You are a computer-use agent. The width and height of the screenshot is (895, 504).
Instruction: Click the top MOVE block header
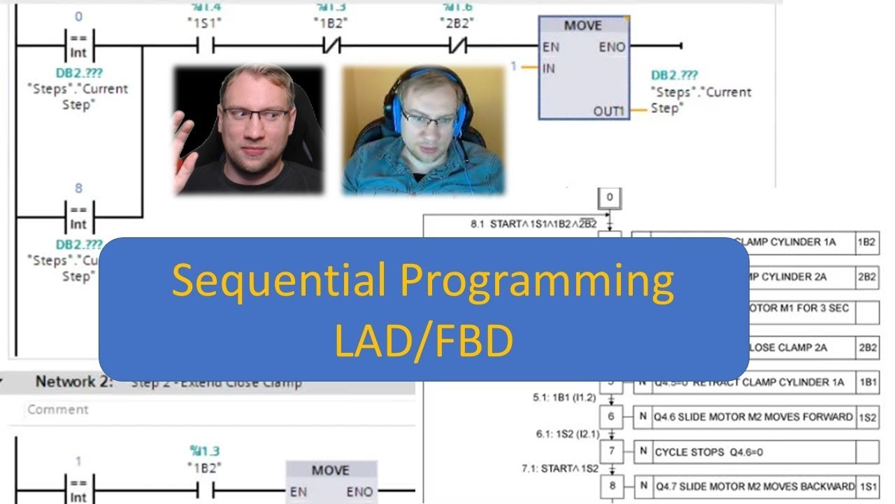[x=582, y=25]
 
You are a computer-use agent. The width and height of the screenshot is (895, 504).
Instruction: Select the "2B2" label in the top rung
[x=457, y=21]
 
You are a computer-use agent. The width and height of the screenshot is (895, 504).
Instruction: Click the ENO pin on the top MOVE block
[x=612, y=47]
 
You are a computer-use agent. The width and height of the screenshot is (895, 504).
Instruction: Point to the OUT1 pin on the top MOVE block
[x=608, y=111]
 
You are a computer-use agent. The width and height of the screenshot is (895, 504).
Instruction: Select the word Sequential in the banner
[x=278, y=281]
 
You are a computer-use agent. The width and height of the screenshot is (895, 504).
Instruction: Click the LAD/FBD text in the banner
[x=424, y=341]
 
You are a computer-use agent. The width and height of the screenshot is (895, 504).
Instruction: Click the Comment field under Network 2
[x=210, y=409]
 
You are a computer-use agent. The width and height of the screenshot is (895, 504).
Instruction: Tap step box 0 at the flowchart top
[x=609, y=197]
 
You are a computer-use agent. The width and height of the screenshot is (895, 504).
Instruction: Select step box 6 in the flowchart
[x=611, y=416]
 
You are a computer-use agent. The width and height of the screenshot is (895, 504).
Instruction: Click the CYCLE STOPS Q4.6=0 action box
[x=752, y=452]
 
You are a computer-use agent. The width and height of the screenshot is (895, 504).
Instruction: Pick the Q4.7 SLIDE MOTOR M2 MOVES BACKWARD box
[x=752, y=486]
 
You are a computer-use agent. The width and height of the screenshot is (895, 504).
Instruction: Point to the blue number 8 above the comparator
[x=79, y=188]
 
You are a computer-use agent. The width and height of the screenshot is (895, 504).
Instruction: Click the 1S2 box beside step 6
[x=867, y=416]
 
